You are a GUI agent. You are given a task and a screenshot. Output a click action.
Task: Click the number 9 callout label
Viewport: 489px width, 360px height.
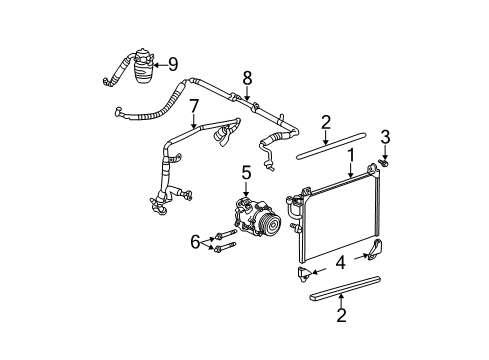(174, 66)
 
